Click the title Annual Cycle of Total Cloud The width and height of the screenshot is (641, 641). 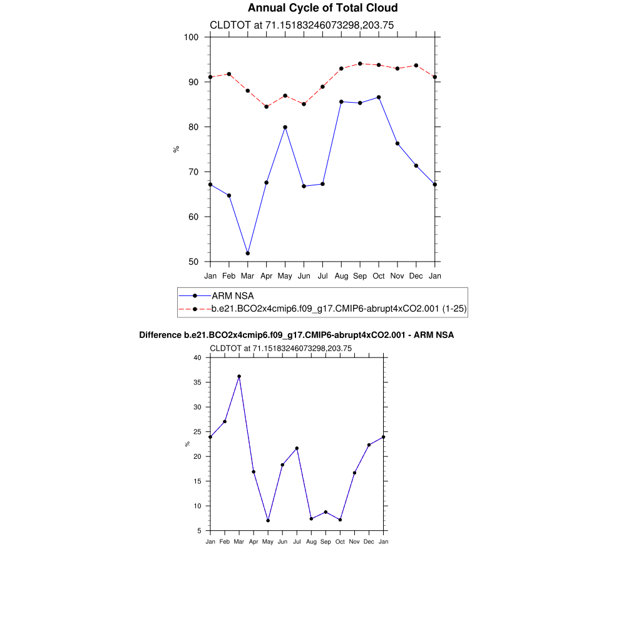point(322,8)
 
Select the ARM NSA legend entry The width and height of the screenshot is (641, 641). point(232,295)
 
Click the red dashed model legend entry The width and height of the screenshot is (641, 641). point(339,309)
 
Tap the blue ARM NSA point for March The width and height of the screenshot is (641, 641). point(248,253)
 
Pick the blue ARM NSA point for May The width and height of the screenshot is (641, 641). point(285,127)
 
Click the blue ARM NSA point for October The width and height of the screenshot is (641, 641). point(379,97)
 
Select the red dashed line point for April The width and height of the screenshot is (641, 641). point(266,106)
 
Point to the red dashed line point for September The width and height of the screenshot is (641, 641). point(360,63)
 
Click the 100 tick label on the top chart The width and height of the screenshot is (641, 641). point(192,37)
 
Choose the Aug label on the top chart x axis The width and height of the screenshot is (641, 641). point(341,276)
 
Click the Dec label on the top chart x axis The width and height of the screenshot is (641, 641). point(416,276)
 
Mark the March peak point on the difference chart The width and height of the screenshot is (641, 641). point(239,376)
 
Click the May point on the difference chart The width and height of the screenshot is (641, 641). point(268,520)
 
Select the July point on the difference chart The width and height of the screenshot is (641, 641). point(297,448)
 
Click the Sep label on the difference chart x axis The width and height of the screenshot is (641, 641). point(326,541)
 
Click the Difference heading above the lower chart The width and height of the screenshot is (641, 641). point(296,336)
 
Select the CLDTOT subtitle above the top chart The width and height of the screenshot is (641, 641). point(301,25)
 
